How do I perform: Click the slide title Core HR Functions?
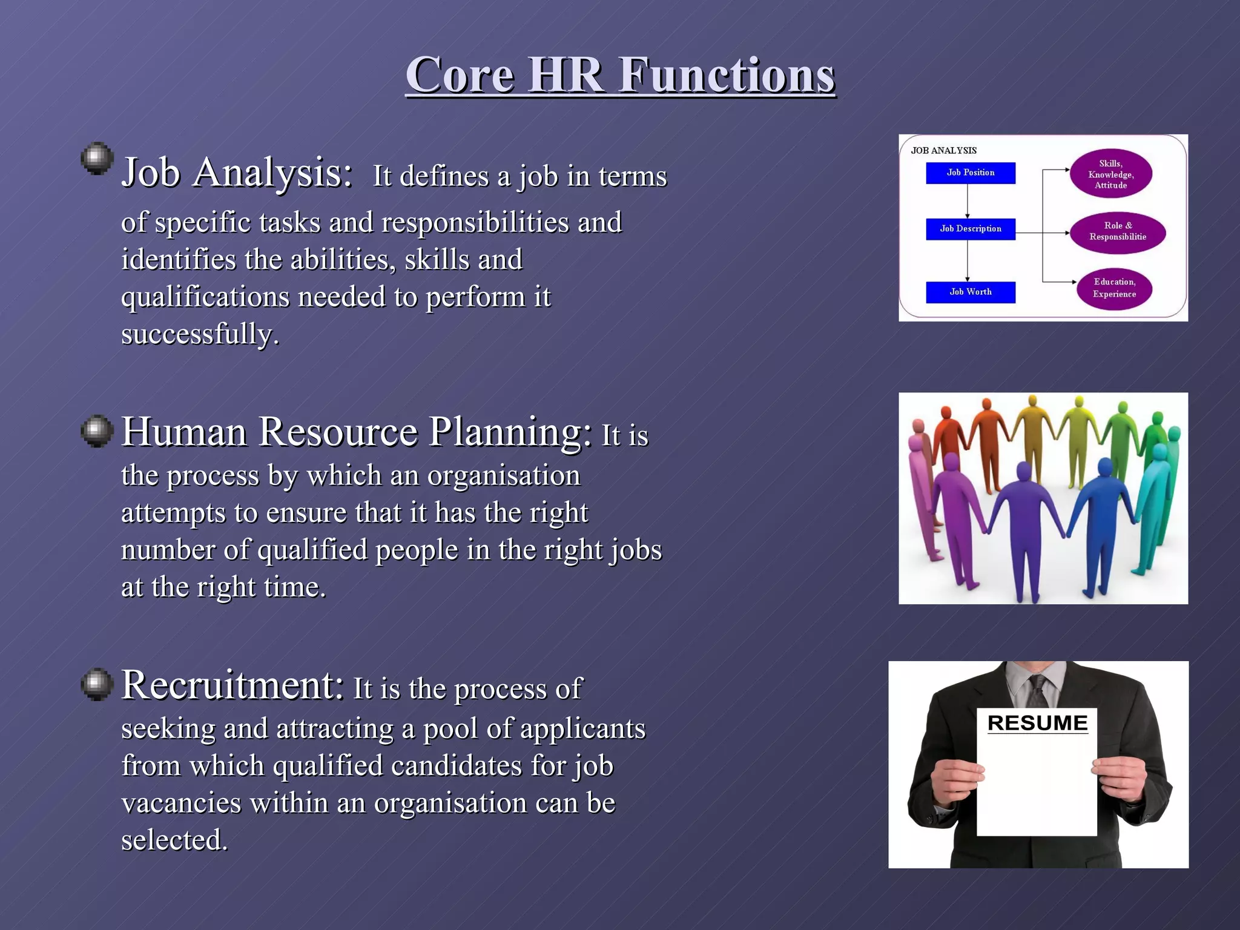coord(620,75)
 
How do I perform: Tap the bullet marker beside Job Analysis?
coord(97,159)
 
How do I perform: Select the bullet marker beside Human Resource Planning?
coord(97,431)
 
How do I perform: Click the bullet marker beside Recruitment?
coord(97,684)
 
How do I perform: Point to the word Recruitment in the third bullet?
coord(232,685)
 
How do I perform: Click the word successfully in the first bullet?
coord(200,334)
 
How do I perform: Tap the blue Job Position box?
coord(970,173)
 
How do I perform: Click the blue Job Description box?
coord(970,229)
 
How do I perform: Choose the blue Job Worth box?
coord(970,292)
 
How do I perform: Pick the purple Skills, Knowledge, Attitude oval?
coord(1110,174)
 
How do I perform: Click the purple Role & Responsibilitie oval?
coord(1117,232)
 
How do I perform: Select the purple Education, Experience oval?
coord(1114,288)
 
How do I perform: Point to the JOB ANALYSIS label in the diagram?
coord(943,151)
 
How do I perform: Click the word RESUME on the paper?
coord(1037,723)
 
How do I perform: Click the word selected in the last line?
coord(174,840)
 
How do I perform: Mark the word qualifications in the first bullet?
coord(205,297)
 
